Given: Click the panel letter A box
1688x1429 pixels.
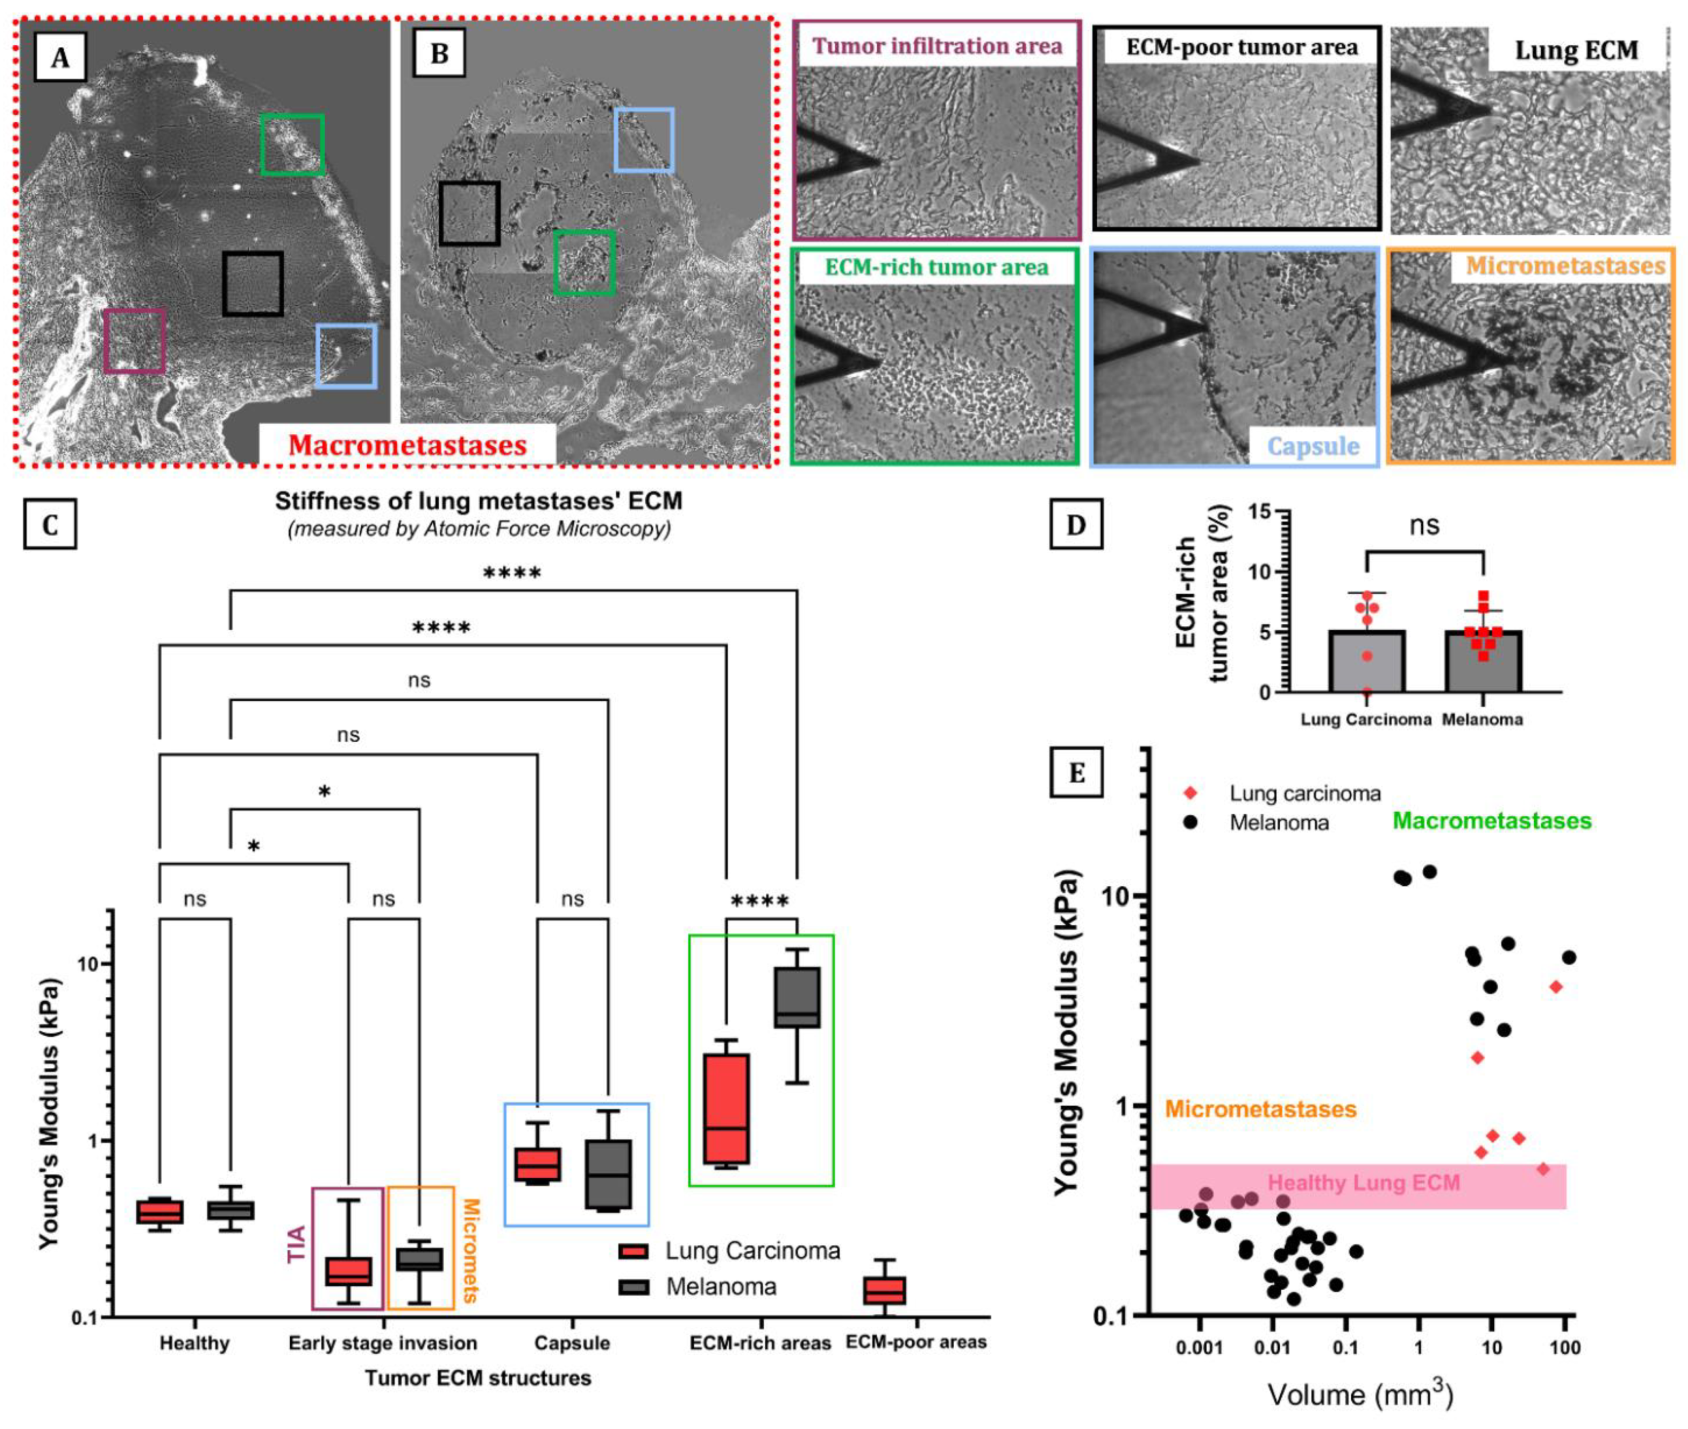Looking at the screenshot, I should tap(59, 58).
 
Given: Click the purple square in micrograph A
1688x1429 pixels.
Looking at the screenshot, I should tap(134, 341).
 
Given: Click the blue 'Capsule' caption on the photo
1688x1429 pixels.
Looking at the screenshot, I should tap(1312, 446).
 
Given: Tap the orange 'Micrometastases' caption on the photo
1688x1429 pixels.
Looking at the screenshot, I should tap(1565, 266).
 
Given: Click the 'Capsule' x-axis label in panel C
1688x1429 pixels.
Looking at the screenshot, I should tap(572, 1343).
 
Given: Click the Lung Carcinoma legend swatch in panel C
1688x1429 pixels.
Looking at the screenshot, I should tap(632, 1251).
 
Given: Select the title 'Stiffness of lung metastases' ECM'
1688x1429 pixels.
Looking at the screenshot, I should tap(479, 502).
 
